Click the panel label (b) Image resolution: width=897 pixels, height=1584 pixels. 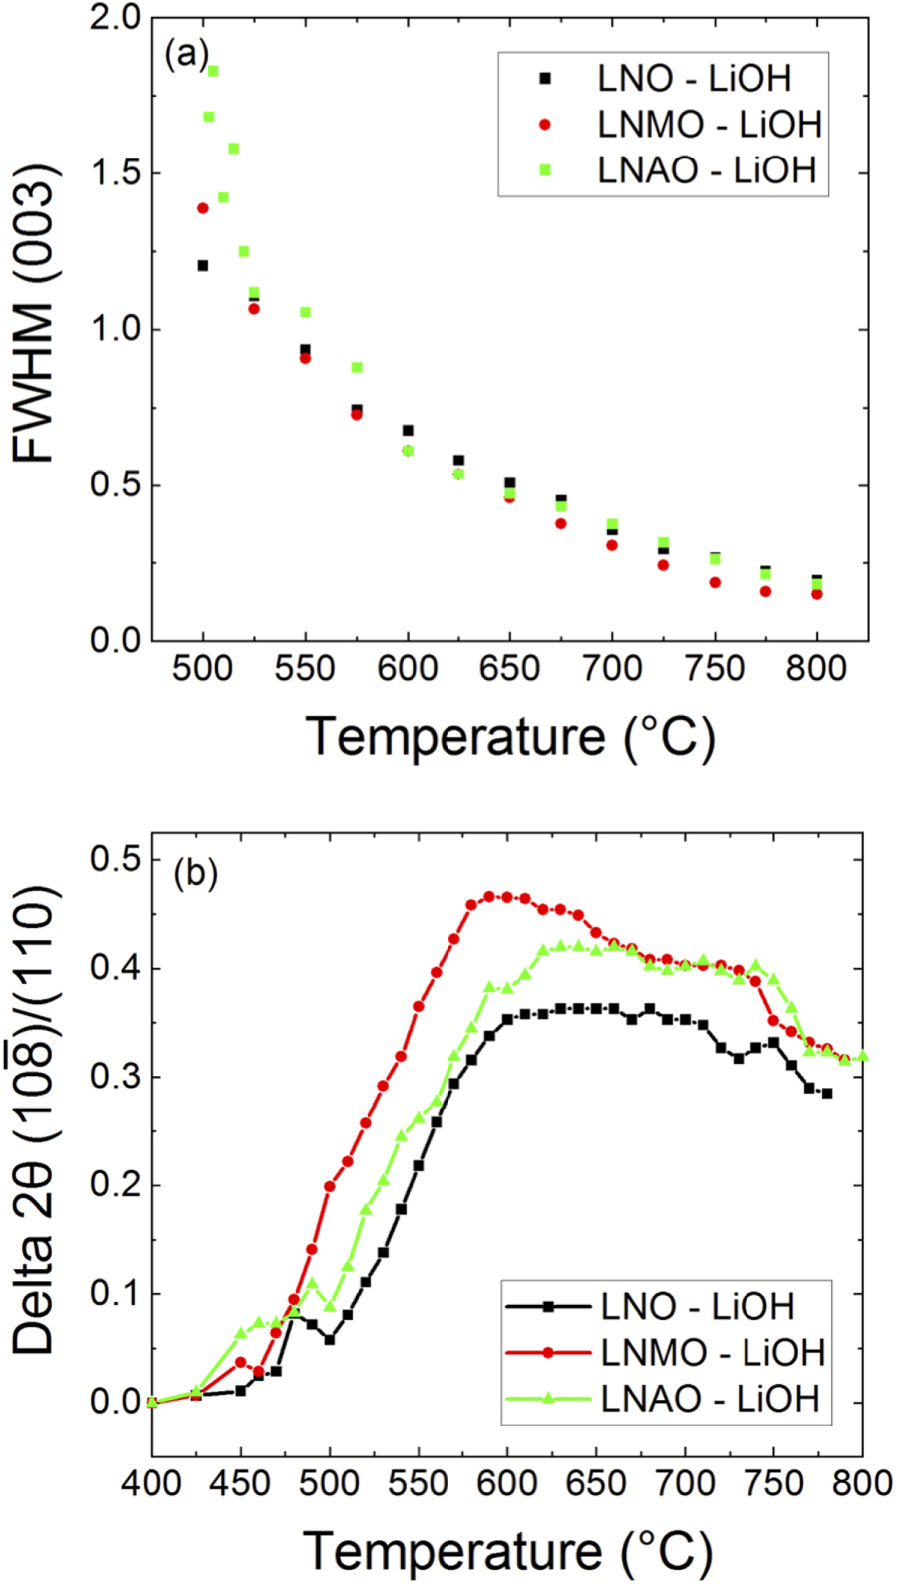tap(195, 873)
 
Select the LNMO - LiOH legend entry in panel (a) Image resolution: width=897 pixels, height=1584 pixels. tap(709, 125)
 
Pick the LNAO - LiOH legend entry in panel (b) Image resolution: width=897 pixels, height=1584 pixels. tap(709, 1398)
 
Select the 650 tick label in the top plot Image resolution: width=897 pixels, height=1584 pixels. tap(509, 668)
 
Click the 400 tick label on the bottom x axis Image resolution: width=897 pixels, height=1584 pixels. tap(151, 1483)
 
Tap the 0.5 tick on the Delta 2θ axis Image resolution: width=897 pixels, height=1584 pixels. tap(116, 859)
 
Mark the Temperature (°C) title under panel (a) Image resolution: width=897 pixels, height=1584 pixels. tap(510, 737)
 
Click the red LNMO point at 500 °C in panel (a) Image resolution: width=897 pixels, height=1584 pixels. tap(203, 208)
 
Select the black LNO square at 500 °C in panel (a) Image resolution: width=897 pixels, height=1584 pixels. tap(203, 265)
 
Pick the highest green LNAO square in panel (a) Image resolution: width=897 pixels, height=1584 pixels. tap(213, 71)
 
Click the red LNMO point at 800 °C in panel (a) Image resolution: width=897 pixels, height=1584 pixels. tap(817, 594)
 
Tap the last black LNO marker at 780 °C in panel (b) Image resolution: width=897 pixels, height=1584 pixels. tap(827, 1093)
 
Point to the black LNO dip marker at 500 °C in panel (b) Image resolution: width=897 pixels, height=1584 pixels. tap(330, 1340)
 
